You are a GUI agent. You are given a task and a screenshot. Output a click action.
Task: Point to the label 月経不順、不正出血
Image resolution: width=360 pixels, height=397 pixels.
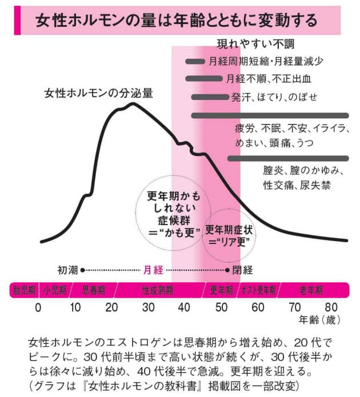point(268,79)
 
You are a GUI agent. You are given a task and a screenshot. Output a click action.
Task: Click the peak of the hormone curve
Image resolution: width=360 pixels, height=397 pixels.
point(133,104)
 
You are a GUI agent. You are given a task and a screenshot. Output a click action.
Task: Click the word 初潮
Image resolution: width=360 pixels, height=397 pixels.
point(68,269)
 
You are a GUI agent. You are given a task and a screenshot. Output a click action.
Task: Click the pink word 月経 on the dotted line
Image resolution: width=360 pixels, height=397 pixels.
point(151,269)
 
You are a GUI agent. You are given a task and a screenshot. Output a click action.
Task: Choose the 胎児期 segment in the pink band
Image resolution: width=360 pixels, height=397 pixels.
point(23,289)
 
